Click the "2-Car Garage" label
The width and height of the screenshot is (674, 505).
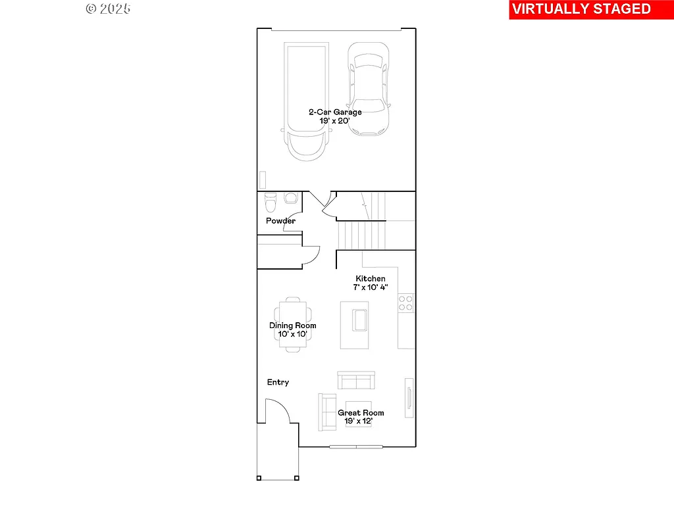(335, 112)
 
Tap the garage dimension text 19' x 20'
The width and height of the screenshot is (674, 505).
(335, 121)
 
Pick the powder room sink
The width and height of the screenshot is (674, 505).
(290, 198)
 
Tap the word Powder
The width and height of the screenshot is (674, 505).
(280, 221)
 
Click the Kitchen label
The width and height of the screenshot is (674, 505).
(371, 279)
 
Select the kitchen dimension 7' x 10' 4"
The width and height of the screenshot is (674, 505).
(371, 287)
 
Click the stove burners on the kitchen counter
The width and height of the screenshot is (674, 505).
(405, 303)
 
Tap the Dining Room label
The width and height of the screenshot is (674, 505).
(292, 325)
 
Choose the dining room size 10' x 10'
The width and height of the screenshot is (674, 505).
(292, 334)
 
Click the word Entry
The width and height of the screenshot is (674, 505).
(278, 382)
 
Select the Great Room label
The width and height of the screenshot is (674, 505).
(361, 413)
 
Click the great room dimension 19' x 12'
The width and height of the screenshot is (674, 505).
(361, 421)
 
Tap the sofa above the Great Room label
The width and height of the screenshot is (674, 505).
(356, 381)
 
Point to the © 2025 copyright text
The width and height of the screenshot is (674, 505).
(108, 9)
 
